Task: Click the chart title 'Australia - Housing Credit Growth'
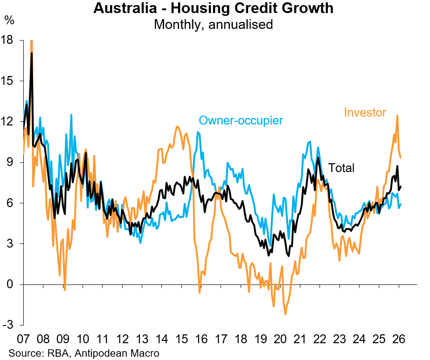point(213,8)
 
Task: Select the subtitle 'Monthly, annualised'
point(213,24)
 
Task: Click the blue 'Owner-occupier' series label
point(241,120)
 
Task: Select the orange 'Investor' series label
point(365,112)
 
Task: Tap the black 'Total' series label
point(341,168)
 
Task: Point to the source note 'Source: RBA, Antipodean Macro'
point(84,353)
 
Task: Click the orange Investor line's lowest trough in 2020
point(285,314)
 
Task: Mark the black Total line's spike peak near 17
point(32,53)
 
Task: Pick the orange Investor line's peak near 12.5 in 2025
point(397,116)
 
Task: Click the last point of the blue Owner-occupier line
point(401,204)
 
